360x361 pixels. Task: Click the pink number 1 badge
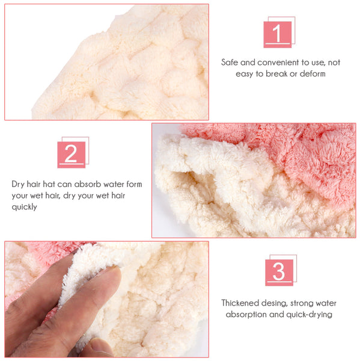278,34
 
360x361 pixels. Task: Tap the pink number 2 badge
72,155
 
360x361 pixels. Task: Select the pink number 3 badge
279,273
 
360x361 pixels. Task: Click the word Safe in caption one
230,63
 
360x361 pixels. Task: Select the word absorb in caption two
88,184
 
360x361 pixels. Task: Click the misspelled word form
134,184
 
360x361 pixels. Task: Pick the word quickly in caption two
24,207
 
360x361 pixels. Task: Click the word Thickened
240,303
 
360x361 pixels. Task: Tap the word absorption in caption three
246,315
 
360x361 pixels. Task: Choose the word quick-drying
308,315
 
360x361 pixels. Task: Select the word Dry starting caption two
18,185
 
